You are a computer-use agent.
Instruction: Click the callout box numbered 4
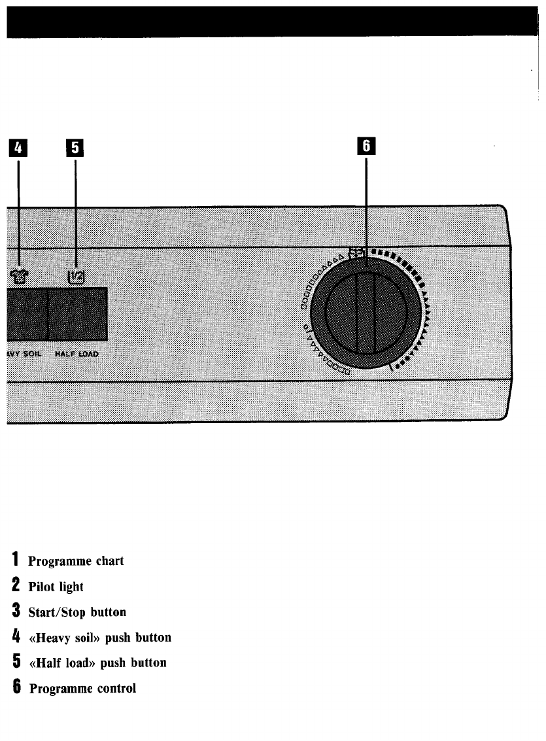[18, 148]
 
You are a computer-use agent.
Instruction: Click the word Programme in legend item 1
[56, 562]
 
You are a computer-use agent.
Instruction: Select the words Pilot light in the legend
[56, 587]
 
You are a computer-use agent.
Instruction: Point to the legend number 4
[14, 636]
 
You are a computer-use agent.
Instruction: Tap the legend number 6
[14, 687]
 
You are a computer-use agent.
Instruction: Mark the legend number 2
[14, 586]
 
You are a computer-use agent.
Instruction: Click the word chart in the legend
[107, 562]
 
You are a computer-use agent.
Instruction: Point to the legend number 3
[14, 612]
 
